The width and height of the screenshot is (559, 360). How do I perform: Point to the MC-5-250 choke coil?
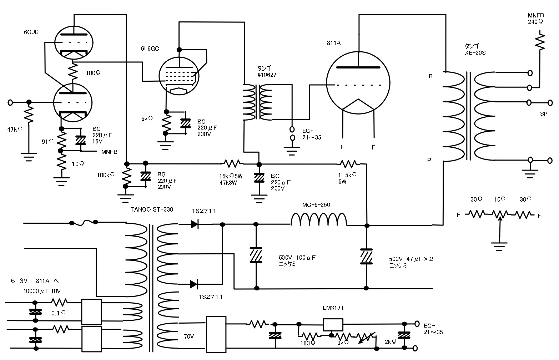click(x=319, y=220)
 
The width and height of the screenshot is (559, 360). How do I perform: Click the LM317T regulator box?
click(x=333, y=325)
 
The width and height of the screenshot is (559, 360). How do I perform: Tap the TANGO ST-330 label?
click(x=152, y=209)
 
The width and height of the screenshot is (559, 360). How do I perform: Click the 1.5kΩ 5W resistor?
click(x=348, y=164)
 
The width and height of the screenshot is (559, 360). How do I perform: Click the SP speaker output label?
click(x=543, y=114)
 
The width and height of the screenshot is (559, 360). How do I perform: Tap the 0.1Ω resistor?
click(x=60, y=303)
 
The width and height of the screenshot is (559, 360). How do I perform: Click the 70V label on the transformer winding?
click(x=189, y=336)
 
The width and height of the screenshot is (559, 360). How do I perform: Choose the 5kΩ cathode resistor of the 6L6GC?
click(x=165, y=122)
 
